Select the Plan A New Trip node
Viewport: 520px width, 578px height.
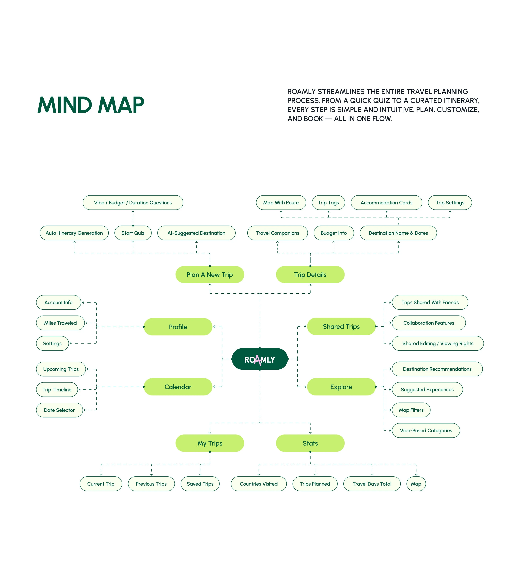tap(210, 275)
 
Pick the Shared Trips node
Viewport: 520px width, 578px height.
tap(341, 326)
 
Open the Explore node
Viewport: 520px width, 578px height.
tap(341, 387)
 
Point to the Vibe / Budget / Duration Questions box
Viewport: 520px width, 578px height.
tap(133, 202)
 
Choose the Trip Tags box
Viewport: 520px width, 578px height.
tap(328, 202)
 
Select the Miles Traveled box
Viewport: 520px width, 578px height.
tap(60, 323)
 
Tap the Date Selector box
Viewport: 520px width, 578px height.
tap(59, 410)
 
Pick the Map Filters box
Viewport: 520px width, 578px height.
tap(411, 410)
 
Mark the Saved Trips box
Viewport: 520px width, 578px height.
tap(200, 484)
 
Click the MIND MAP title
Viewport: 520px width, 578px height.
tap(91, 105)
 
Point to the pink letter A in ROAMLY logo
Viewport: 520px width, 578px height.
tap(258, 360)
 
